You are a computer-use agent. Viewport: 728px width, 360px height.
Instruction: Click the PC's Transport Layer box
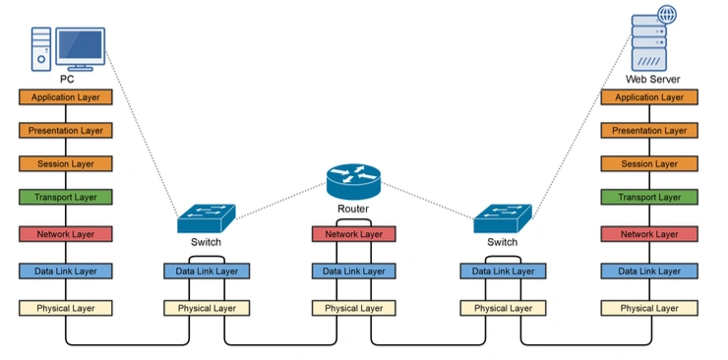pos(66,197)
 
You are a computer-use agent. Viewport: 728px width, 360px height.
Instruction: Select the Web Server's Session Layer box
pos(649,163)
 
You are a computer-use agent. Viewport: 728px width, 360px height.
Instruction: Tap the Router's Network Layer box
pos(354,234)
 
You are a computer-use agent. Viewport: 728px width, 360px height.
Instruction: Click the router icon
pos(353,181)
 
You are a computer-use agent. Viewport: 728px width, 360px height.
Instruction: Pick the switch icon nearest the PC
pos(207,218)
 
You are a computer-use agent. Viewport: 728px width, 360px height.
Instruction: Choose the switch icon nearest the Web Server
pos(503,218)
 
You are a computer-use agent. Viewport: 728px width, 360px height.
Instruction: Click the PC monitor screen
pos(81,45)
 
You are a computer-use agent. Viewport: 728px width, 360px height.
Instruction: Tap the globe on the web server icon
pos(667,15)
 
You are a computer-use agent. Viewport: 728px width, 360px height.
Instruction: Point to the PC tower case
pos(41,49)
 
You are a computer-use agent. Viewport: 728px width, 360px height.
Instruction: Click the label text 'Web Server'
pos(652,79)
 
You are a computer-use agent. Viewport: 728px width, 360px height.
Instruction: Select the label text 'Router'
pos(353,209)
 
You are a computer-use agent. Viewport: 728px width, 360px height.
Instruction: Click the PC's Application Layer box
pos(66,97)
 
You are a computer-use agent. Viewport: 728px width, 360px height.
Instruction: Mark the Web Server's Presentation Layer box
pos(649,131)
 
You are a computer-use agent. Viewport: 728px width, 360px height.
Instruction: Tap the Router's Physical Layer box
pos(354,308)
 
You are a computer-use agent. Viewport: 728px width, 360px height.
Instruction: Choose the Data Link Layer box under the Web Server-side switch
pos(503,270)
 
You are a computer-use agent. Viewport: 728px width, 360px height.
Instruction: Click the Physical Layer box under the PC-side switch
pos(207,308)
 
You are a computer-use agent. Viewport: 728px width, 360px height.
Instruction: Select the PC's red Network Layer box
pos(66,234)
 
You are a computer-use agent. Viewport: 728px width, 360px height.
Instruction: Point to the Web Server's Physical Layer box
pos(649,308)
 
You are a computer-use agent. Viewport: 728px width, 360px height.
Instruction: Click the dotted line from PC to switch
pos(142,133)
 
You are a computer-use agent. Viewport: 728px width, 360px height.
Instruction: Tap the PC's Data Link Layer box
pos(66,270)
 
